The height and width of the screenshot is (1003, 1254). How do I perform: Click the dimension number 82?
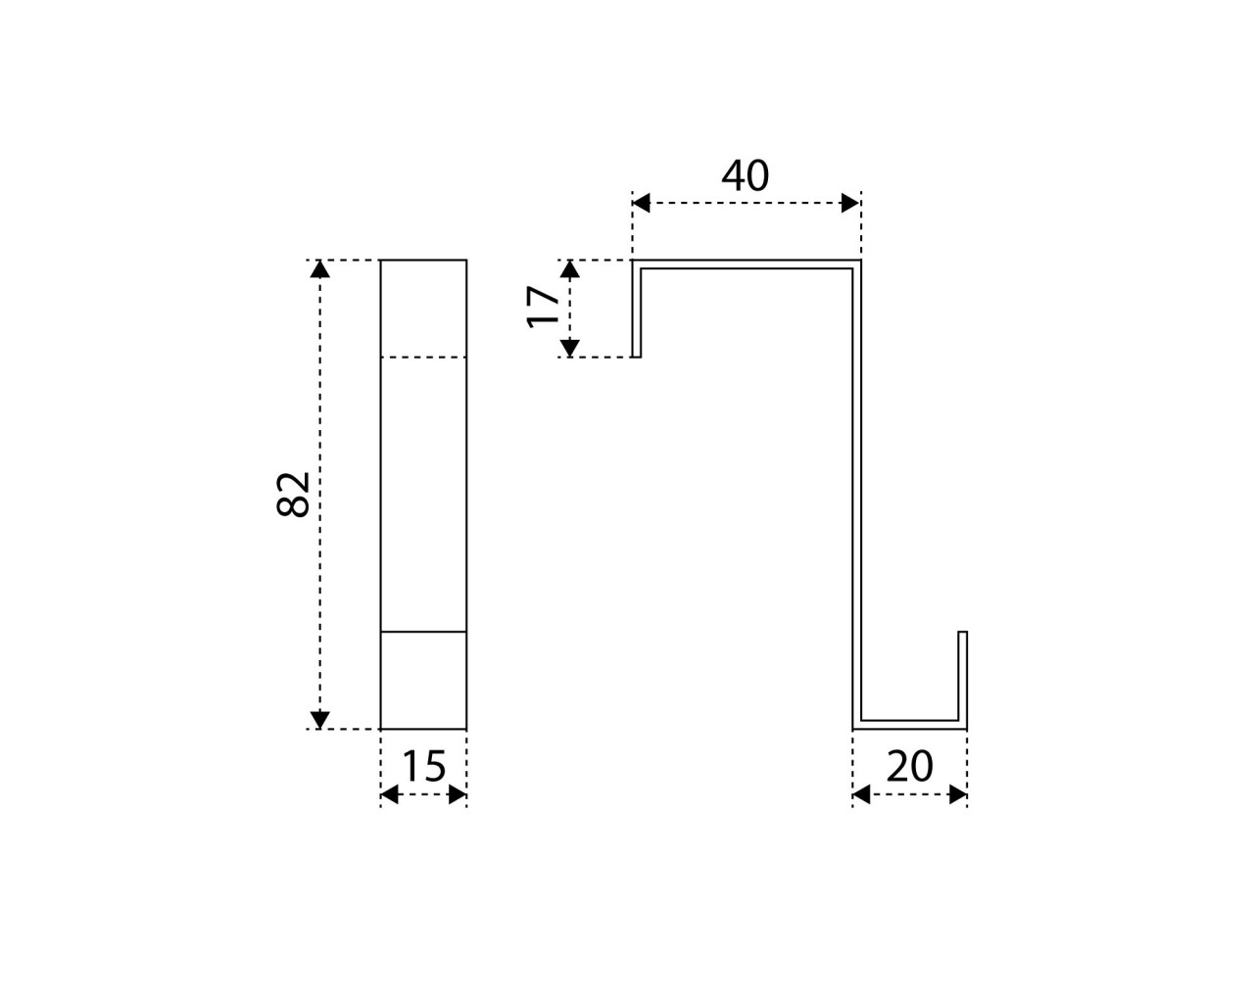(x=293, y=495)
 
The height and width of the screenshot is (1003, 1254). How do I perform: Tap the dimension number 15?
(x=423, y=766)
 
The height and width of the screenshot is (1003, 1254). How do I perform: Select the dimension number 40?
(x=746, y=175)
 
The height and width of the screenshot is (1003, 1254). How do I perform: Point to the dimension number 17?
(x=543, y=308)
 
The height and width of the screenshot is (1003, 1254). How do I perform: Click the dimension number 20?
(x=909, y=766)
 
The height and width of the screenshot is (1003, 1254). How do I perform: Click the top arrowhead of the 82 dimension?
(x=320, y=268)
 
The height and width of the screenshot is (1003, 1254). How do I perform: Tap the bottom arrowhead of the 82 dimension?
(x=320, y=720)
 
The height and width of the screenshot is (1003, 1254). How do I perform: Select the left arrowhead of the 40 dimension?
(x=641, y=204)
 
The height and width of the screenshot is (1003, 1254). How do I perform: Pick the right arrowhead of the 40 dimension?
(x=850, y=204)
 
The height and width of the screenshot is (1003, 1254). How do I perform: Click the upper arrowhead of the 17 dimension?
(x=569, y=268)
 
